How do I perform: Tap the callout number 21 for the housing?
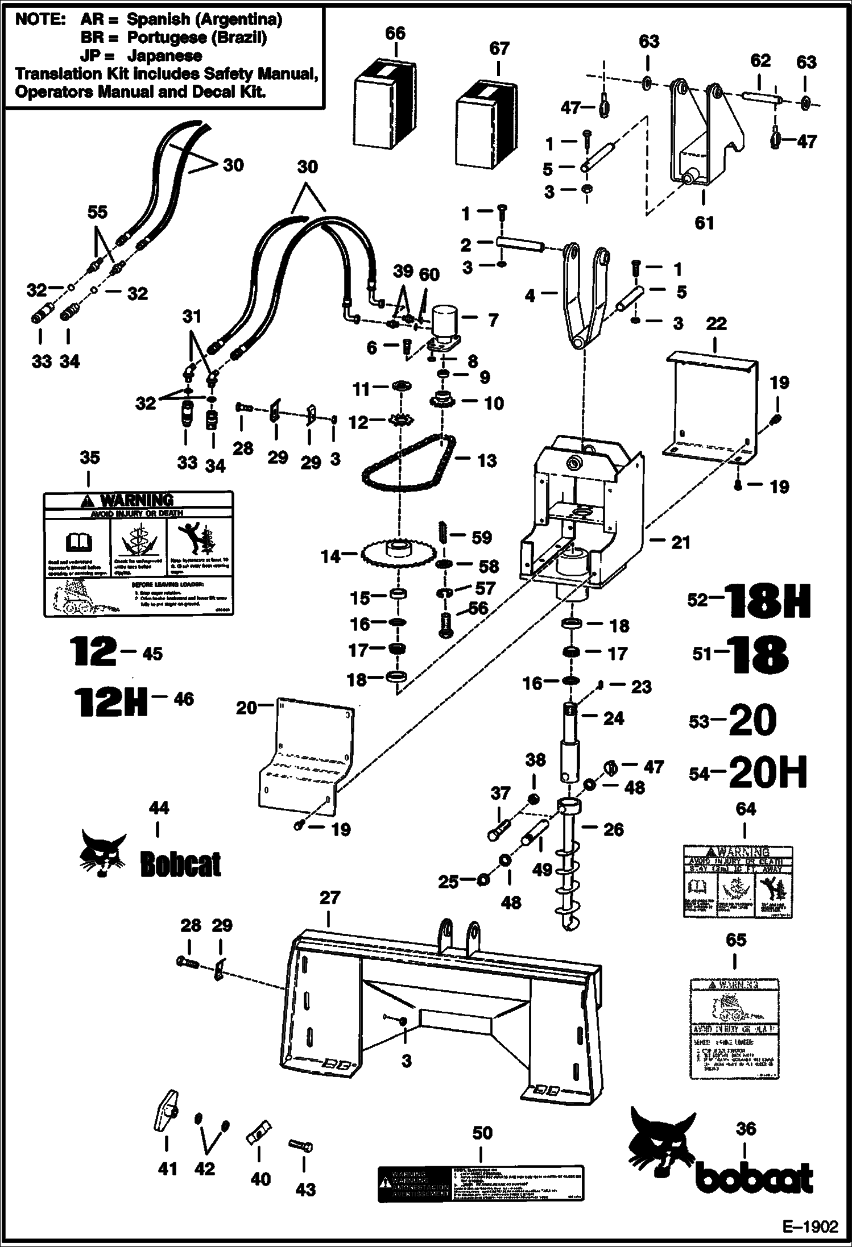point(681,543)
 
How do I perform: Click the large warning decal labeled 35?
point(139,555)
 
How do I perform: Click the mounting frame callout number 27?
point(330,897)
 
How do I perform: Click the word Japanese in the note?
point(164,56)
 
